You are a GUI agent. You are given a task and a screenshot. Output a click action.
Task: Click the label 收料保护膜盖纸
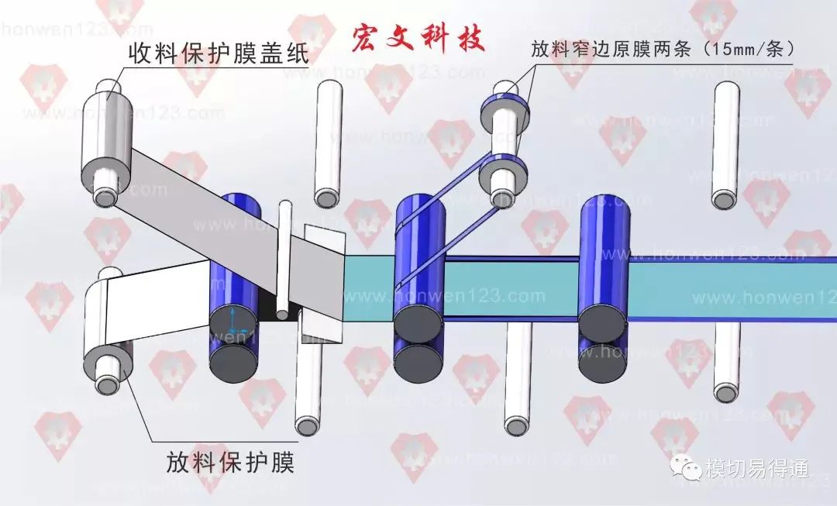219,53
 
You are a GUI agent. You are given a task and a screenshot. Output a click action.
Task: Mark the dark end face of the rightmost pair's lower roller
601,357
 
